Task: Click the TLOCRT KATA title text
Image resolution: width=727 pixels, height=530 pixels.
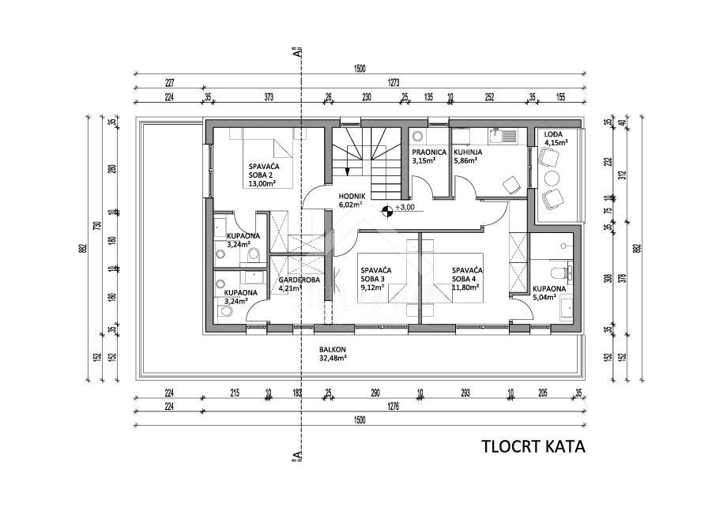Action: click(533, 447)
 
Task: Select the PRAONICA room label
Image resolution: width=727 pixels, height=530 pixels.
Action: click(429, 152)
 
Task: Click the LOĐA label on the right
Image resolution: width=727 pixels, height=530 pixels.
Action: click(553, 134)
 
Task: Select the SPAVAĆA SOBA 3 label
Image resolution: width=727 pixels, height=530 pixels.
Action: click(372, 274)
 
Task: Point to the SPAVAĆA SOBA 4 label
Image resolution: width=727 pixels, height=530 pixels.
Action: click(467, 274)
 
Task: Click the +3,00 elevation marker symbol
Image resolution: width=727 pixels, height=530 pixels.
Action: click(387, 210)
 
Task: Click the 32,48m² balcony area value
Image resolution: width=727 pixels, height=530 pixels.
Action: click(334, 358)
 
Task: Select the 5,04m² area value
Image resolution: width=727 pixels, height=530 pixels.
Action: click(548, 299)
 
